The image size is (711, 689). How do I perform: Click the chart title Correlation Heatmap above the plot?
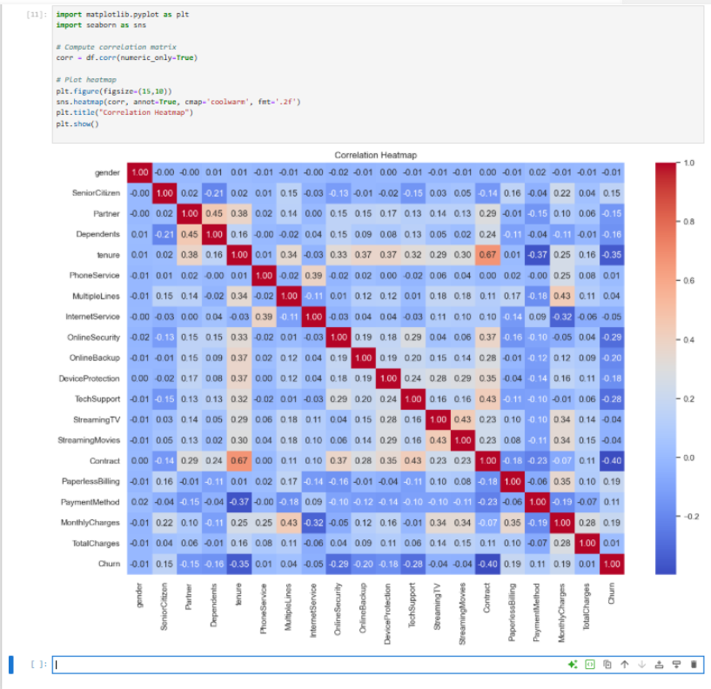click(375, 155)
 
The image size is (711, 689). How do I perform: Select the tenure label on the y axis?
click(109, 255)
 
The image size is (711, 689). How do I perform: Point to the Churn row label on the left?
click(109, 564)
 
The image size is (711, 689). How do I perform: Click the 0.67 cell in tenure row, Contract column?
click(487, 255)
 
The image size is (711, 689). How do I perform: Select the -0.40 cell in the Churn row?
click(487, 564)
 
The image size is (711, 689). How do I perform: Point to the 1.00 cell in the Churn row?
click(612, 564)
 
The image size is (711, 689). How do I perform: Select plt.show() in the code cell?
click(77, 124)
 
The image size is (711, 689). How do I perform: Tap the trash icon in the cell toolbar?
click(694, 665)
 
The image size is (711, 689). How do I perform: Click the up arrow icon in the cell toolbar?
click(624, 665)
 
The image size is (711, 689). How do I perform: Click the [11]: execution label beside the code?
click(37, 15)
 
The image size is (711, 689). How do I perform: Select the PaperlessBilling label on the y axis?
click(96, 481)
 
